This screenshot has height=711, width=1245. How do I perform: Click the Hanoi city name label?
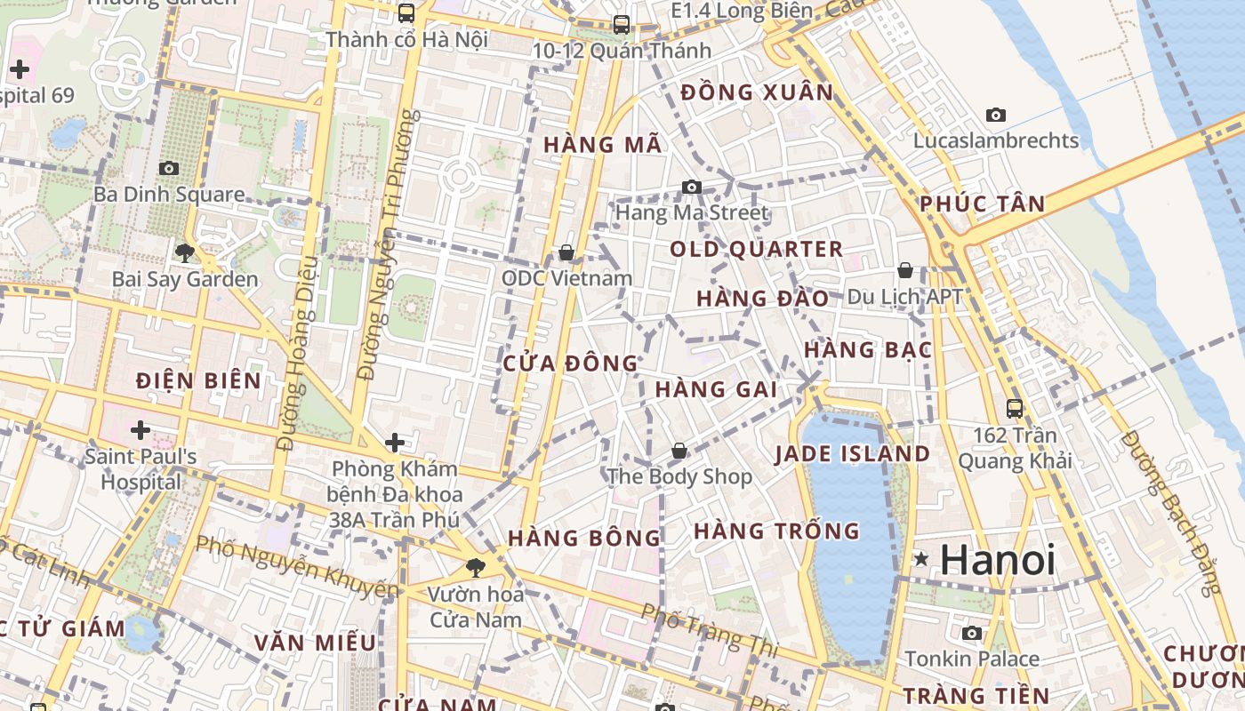(x=998, y=560)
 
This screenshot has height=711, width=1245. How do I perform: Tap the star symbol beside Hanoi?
(x=921, y=560)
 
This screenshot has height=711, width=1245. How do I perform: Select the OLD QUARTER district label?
(x=756, y=249)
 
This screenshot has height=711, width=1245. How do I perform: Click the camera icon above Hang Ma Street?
(x=691, y=187)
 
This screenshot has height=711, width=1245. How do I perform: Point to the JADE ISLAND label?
(x=852, y=454)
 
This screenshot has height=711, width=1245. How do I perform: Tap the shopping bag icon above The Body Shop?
(x=679, y=451)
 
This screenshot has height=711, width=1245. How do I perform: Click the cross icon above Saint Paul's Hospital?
(x=140, y=431)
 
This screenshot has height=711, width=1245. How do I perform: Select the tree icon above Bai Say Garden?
(x=184, y=253)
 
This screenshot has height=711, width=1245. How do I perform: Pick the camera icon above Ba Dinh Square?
(x=169, y=168)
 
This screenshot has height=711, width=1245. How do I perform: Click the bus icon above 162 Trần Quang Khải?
(x=1015, y=409)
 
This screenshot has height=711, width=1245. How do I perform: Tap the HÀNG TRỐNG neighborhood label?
(x=776, y=531)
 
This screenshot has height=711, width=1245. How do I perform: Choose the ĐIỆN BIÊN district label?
(x=198, y=381)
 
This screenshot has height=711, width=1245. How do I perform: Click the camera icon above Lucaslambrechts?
(x=996, y=115)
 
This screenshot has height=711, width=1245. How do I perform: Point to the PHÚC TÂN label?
(x=983, y=204)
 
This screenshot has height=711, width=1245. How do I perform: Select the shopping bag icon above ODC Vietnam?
(x=566, y=252)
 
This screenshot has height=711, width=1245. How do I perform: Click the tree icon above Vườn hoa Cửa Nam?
(x=476, y=567)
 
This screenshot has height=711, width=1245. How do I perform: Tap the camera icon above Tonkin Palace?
(x=972, y=633)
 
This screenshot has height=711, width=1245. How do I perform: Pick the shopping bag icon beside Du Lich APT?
(x=905, y=269)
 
